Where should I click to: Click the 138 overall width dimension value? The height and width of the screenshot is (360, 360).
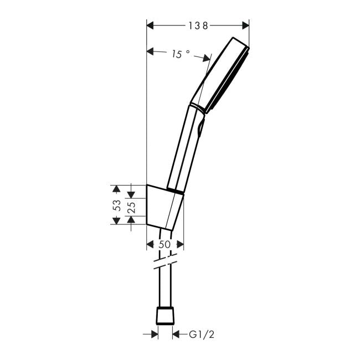click(197, 25)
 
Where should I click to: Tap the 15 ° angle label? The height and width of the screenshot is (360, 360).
click(181, 54)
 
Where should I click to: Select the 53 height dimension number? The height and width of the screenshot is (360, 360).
click(117, 205)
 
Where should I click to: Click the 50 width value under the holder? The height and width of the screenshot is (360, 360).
click(165, 244)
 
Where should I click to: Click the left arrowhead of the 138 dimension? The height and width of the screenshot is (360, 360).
click(150, 25)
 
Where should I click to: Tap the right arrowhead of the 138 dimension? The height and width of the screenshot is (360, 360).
click(245, 25)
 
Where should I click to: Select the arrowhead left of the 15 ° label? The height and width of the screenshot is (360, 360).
click(151, 52)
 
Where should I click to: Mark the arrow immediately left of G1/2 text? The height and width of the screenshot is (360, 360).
click(177, 334)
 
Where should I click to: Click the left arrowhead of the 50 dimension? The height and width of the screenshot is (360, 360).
click(150, 244)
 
